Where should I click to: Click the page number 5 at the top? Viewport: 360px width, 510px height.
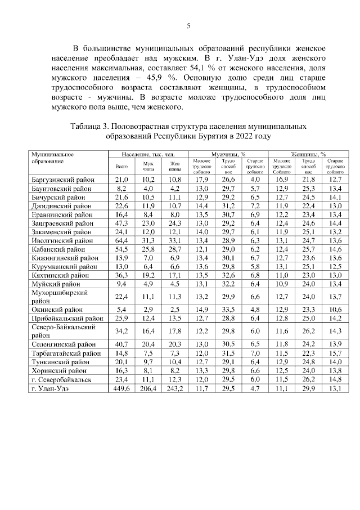point(188,25)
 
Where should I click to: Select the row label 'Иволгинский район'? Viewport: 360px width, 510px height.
point(60,240)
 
